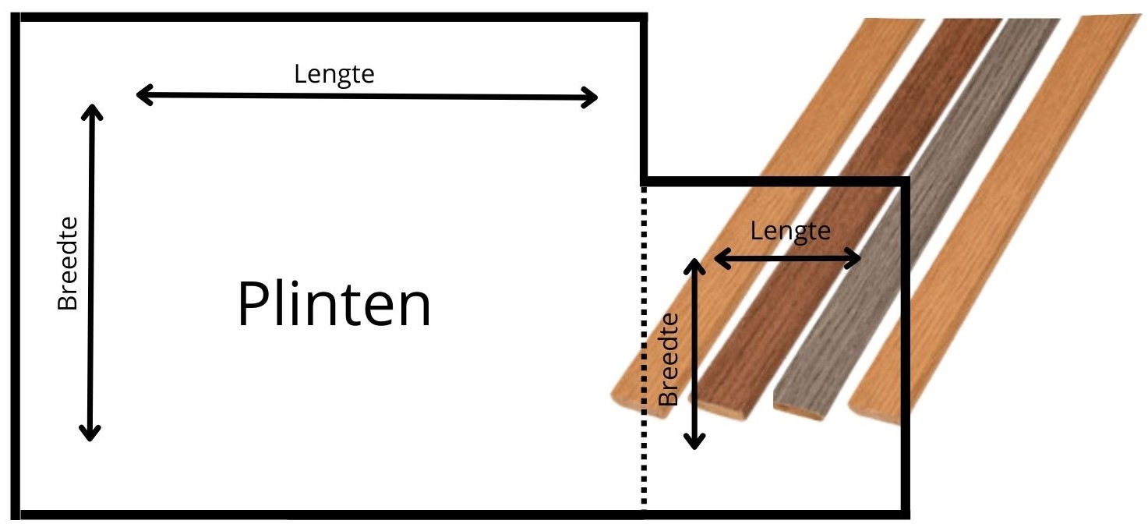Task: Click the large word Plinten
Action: (334, 305)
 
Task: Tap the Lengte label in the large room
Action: (334, 74)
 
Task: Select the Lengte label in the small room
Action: (790, 231)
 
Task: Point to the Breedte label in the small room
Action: (669, 359)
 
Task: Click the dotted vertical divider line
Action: (644, 351)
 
